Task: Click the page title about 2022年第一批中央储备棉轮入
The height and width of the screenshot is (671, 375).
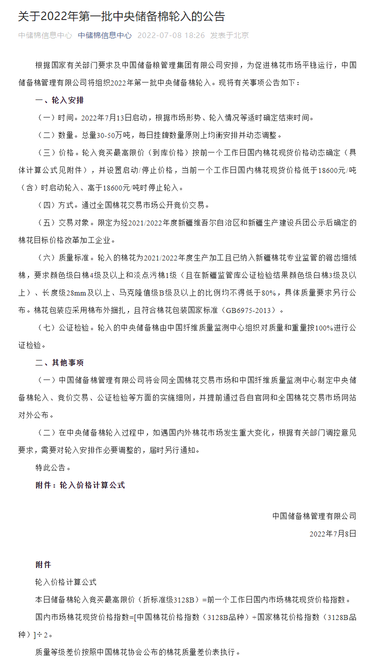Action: (x=121, y=16)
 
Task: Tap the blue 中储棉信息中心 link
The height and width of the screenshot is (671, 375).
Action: (x=104, y=35)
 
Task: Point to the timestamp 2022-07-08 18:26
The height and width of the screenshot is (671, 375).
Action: (x=171, y=35)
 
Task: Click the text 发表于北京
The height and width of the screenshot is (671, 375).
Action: (x=229, y=35)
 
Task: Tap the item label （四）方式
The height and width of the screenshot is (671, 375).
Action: (x=54, y=205)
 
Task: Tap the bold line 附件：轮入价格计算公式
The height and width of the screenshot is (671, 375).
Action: (x=80, y=485)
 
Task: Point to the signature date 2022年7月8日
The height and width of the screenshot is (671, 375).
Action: (x=332, y=533)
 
